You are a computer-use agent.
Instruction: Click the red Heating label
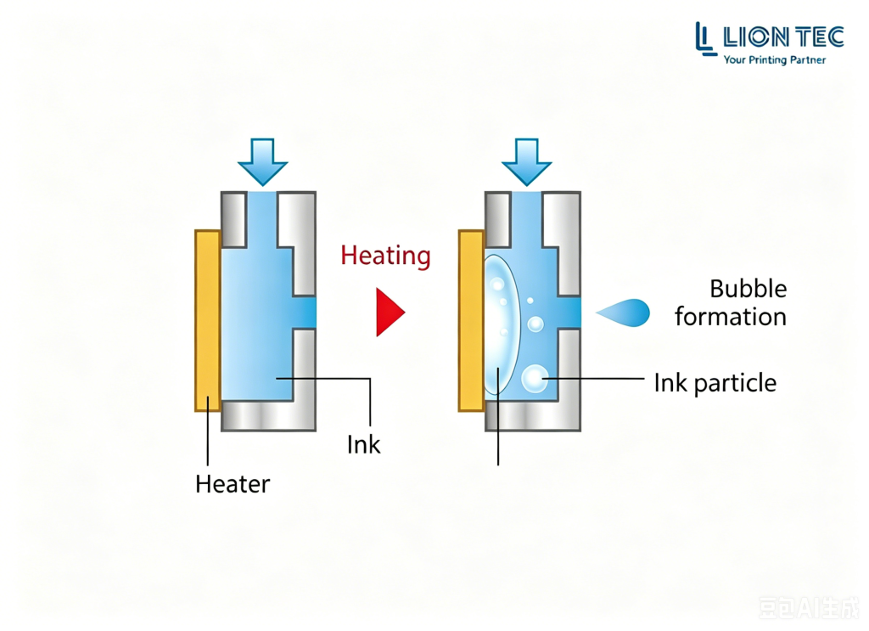385,256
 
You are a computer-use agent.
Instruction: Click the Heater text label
233,484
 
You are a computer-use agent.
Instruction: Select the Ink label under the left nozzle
363,445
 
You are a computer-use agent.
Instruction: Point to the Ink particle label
715,383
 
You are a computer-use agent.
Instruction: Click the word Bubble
748,289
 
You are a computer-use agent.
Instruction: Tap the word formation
731,317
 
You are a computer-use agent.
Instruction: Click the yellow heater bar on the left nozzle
208,320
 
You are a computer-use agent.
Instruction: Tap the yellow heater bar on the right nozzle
472,320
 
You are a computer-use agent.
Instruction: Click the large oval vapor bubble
502,325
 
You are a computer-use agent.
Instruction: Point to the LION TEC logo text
783,37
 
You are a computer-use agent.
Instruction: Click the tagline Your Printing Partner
775,60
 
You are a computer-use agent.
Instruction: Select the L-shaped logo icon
705,39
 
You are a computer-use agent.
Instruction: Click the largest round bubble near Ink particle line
535,379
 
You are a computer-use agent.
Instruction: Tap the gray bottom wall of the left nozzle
269,416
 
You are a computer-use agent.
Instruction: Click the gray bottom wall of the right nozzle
533,416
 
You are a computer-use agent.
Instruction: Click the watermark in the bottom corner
808,608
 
